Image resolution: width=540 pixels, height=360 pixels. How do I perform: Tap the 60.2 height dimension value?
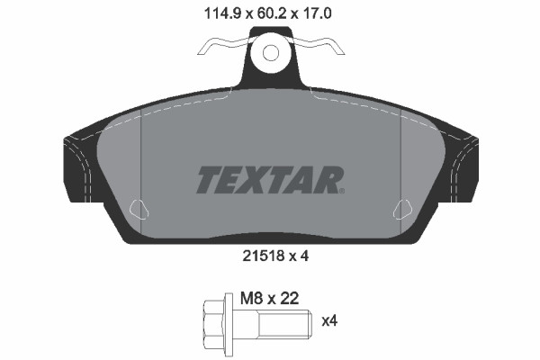pyautogui.click(x=270, y=13)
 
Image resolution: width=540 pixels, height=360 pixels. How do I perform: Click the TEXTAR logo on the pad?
pyautogui.click(x=270, y=180)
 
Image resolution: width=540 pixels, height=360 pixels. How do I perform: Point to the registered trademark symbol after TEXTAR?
pyautogui.click(x=342, y=191)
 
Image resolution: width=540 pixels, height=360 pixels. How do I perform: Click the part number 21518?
pyautogui.click(x=263, y=256)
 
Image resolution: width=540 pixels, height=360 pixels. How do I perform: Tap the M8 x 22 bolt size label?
pyautogui.click(x=269, y=298)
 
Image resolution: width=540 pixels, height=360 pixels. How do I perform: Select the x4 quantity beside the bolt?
pyautogui.click(x=329, y=321)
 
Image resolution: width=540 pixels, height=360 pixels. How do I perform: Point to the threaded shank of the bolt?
pyautogui.click(x=284, y=324)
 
